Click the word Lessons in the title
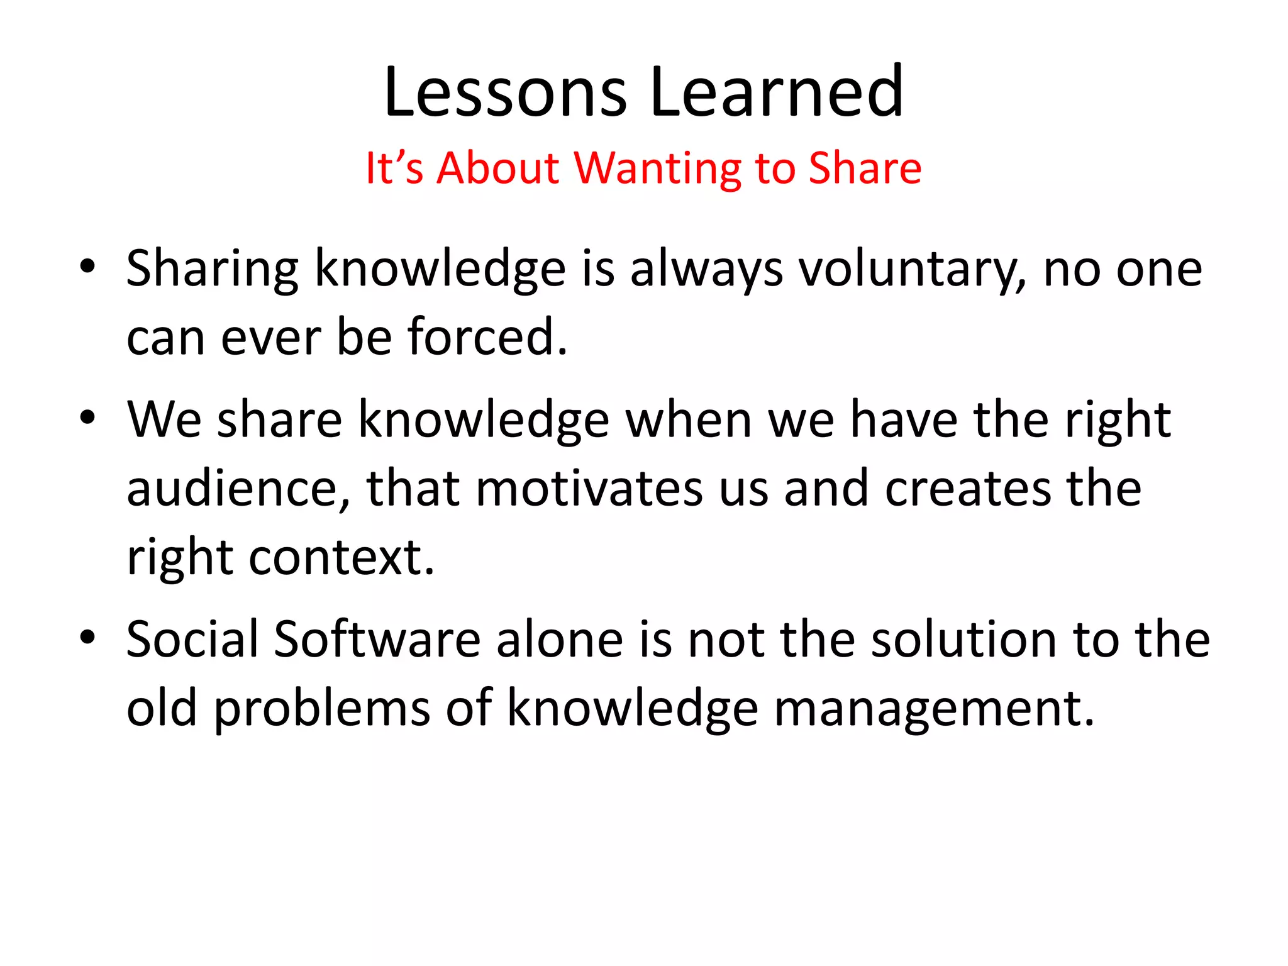coord(505,93)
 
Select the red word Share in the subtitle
coord(865,169)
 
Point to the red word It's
coord(394,169)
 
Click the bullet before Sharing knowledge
coord(87,267)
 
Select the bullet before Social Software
coord(87,637)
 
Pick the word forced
coord(487,337)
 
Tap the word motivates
coord(589,489)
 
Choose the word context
coord(341,558)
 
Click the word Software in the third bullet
coord(377,640)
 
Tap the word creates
coord(969,489)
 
